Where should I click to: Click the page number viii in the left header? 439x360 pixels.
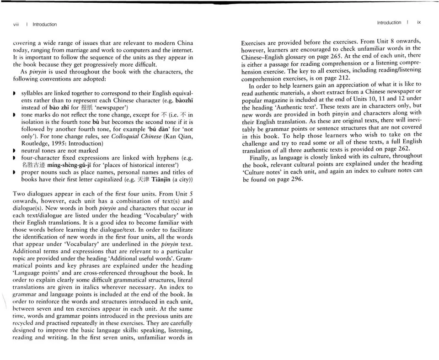[16, 24]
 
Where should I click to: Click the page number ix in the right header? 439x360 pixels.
[419, 22]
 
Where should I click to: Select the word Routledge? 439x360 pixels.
[35, 143]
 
